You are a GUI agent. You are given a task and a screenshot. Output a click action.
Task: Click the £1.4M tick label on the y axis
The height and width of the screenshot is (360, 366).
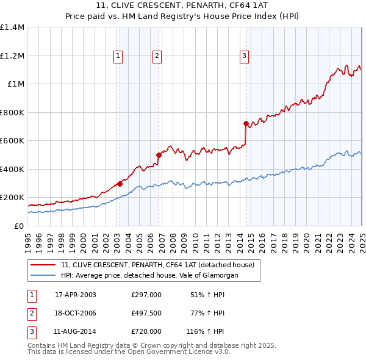[x=12, y=27]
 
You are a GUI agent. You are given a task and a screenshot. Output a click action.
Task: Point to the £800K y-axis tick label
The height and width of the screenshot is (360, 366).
[x=12, y=112]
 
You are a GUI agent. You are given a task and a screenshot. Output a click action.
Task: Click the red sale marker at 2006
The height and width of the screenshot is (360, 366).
[x=159, y=155]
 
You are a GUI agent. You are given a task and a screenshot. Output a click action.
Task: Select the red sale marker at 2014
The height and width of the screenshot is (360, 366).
[x=246, y=124]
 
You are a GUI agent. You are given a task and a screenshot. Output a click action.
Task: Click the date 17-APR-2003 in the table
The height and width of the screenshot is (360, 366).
[x=76, y=295]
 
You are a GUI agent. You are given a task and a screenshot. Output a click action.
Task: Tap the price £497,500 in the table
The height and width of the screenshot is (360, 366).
[x=146, y=313]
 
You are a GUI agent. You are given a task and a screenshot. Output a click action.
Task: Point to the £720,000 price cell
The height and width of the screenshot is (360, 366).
[x=146, y=331]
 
